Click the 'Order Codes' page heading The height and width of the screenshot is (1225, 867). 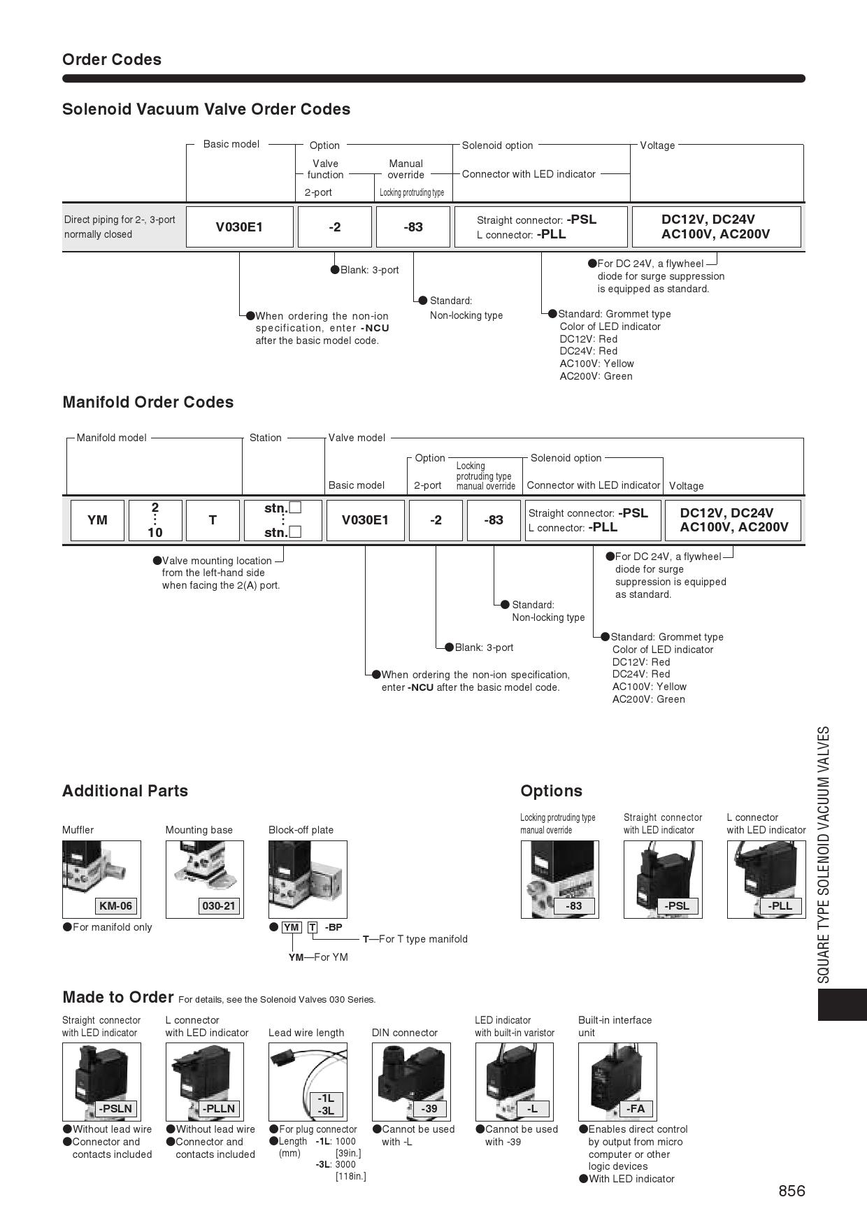click(112, 59)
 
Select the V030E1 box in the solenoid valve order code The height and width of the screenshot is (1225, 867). click(239, 227)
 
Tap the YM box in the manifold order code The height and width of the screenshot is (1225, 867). click(97, 520)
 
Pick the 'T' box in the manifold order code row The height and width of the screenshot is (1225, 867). click(213, 520)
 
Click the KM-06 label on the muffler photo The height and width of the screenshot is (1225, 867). click(115, 906)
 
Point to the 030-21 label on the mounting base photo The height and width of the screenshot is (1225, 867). click(219, 906)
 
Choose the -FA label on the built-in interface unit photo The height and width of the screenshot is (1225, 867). click(635, 1109)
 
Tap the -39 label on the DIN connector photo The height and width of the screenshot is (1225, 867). click(429, 1109)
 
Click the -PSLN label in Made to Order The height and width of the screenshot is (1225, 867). click(115, 1109)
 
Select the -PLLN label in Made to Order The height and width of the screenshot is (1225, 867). click(219, 1109)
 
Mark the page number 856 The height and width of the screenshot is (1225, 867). click(791, 1191)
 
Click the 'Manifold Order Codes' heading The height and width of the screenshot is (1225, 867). click(148, 402)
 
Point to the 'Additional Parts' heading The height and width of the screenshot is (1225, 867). click(125, 791)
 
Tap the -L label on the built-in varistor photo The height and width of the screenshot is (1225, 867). click(532, 1109)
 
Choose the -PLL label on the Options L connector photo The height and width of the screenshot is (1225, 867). click(780, 906)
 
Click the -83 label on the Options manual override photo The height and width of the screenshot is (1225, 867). click(573, 906)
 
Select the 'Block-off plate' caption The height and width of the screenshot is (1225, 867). click(301, 830)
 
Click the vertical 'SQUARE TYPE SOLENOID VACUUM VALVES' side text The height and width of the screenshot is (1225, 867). click(824, 854)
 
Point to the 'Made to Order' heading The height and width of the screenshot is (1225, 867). click(117, 997)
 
